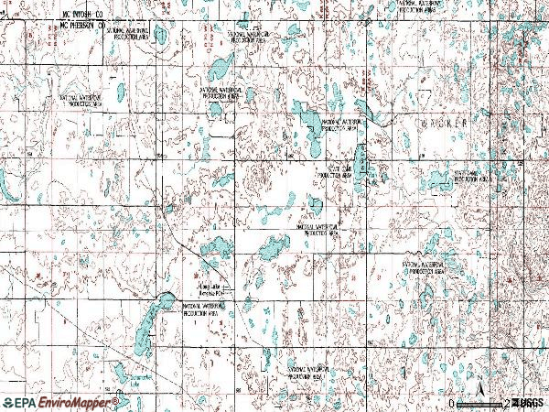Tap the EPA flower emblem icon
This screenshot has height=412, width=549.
[8, 403]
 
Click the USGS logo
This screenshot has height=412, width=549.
[529, 403]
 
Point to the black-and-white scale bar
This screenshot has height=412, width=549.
[480, 403]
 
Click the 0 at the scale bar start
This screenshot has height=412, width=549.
[451, 403]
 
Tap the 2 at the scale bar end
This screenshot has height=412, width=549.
[508, 403]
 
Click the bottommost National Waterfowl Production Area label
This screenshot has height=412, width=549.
[307, 373]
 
